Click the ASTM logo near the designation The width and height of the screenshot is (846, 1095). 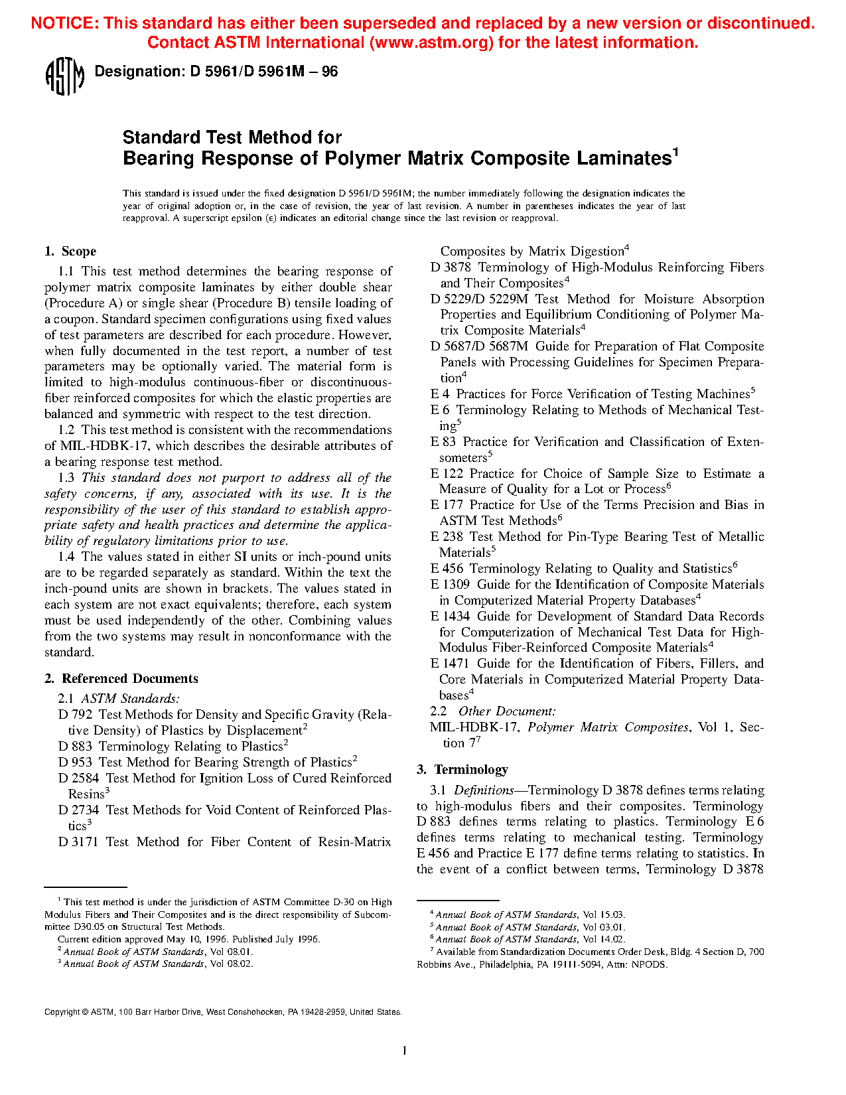point(64,76)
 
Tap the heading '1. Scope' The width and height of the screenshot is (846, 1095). point(70,252)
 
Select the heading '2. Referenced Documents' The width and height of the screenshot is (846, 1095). point(121,679)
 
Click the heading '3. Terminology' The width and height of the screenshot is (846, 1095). point(462,770)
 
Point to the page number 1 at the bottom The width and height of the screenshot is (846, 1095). point(404,1050)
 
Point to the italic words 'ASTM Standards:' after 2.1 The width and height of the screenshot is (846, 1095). point(130,699)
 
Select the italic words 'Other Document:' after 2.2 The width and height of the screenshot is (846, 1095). point(507,711)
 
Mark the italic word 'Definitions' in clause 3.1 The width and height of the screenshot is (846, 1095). point(483,790)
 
